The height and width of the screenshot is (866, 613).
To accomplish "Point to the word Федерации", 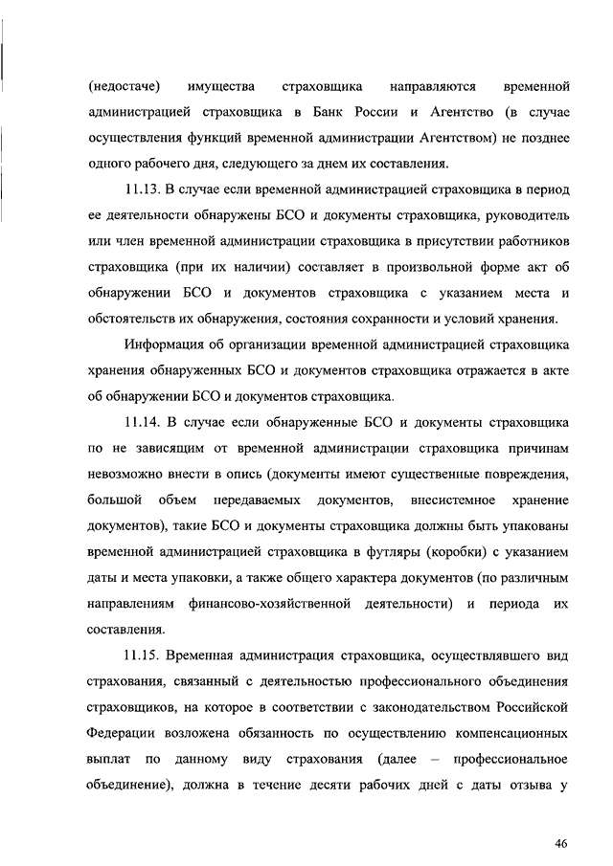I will (122, 734).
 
